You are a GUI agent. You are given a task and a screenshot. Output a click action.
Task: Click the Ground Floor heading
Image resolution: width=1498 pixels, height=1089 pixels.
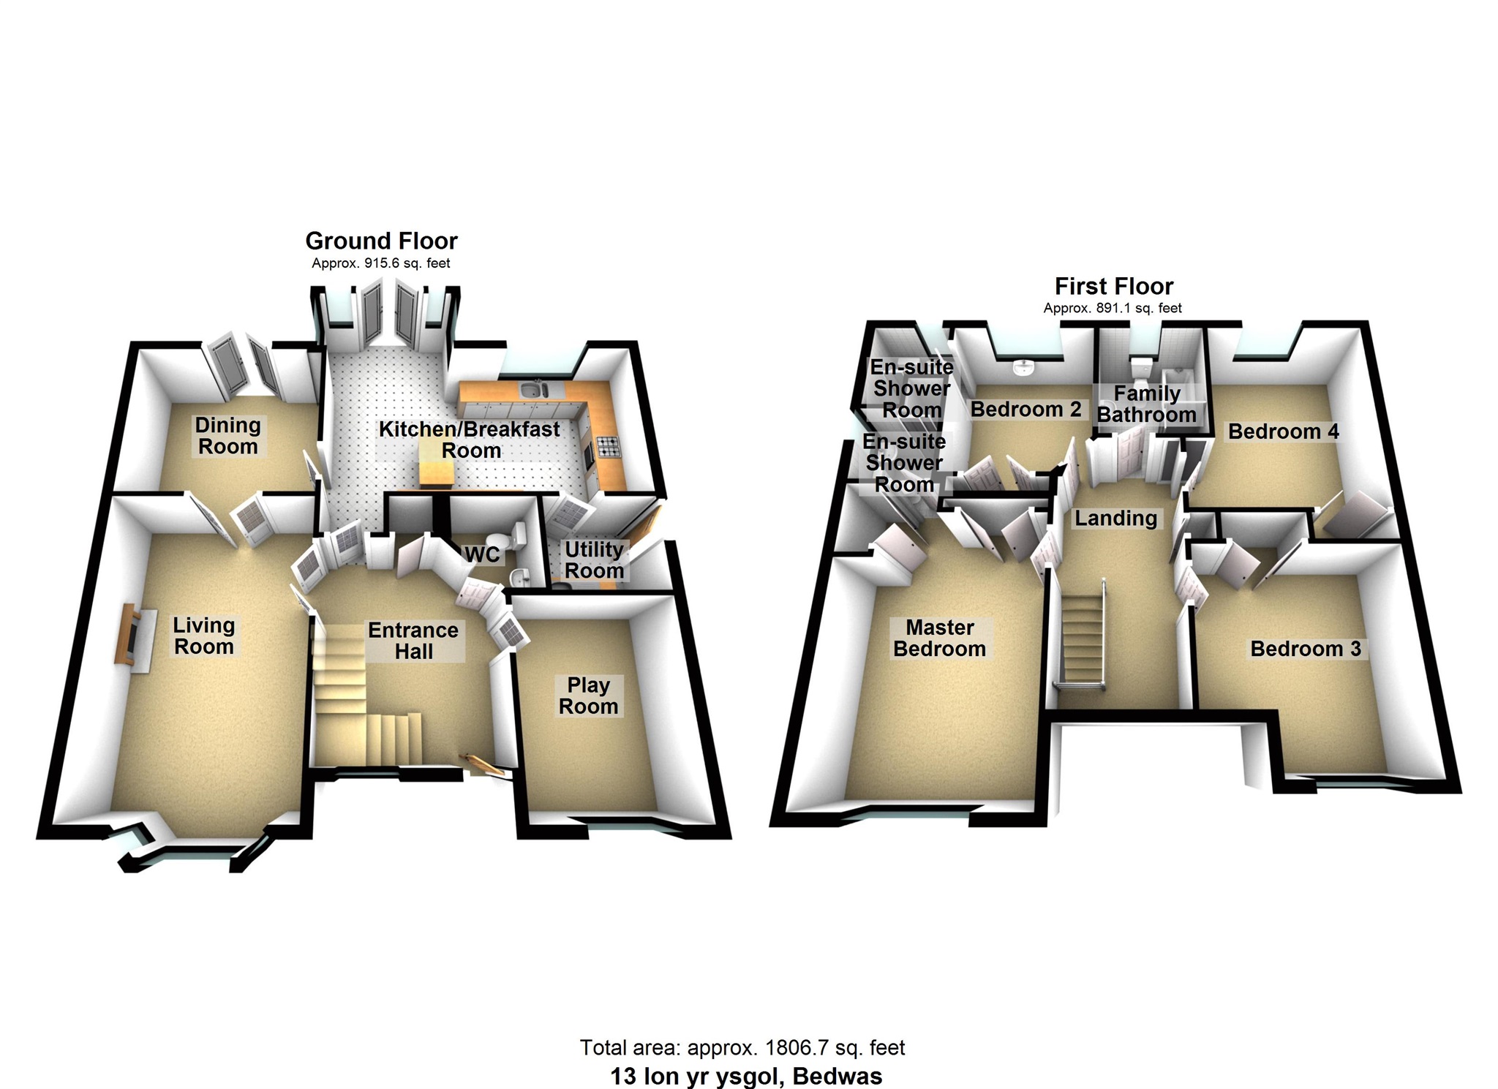coord(381,241)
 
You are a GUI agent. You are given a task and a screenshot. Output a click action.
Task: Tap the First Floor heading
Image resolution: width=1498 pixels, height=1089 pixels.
coord(1113,286)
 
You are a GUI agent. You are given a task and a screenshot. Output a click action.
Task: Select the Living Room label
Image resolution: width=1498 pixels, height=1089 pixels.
coord(203,636)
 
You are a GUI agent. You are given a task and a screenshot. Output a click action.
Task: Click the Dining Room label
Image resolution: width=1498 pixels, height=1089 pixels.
coord(227,436)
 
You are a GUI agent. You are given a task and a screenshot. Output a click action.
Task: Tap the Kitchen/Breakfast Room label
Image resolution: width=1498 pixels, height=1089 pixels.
coord(470,440)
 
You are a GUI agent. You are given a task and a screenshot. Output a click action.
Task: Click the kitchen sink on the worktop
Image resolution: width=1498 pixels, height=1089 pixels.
coord(535,391)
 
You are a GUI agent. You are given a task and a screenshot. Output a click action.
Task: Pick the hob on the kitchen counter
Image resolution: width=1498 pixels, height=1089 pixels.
coord(608,445)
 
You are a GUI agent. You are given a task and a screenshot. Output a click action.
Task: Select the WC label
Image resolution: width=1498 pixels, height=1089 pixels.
coord(483,554)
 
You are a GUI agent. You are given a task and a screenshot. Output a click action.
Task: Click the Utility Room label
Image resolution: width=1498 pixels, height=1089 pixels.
coord(594,559)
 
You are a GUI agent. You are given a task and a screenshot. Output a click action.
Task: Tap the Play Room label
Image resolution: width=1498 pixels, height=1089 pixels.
coord(588,696)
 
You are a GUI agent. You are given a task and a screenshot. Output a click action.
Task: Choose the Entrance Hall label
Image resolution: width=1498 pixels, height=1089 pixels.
coord(413,641)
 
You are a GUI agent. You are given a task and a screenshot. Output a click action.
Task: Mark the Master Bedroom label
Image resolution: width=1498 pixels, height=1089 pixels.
coord(939,638)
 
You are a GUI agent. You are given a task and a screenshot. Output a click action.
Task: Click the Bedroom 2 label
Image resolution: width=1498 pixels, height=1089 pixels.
coord(1025,409)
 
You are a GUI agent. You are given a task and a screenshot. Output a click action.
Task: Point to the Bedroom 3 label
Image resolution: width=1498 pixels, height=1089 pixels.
coord(1306,649)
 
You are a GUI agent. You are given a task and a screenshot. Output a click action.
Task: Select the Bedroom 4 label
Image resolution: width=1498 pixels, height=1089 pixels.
coord(1283,432)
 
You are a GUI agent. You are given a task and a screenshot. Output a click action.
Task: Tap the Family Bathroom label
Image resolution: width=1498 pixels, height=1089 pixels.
coord(1146,404)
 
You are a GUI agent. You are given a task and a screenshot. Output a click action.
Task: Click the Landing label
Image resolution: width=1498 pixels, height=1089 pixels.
coord(1115,519)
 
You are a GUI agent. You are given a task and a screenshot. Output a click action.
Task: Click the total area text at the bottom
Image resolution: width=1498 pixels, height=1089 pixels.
coord(742,1048)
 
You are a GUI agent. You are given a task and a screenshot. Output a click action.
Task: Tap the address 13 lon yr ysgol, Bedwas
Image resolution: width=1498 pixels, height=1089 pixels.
coord(746,1077)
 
